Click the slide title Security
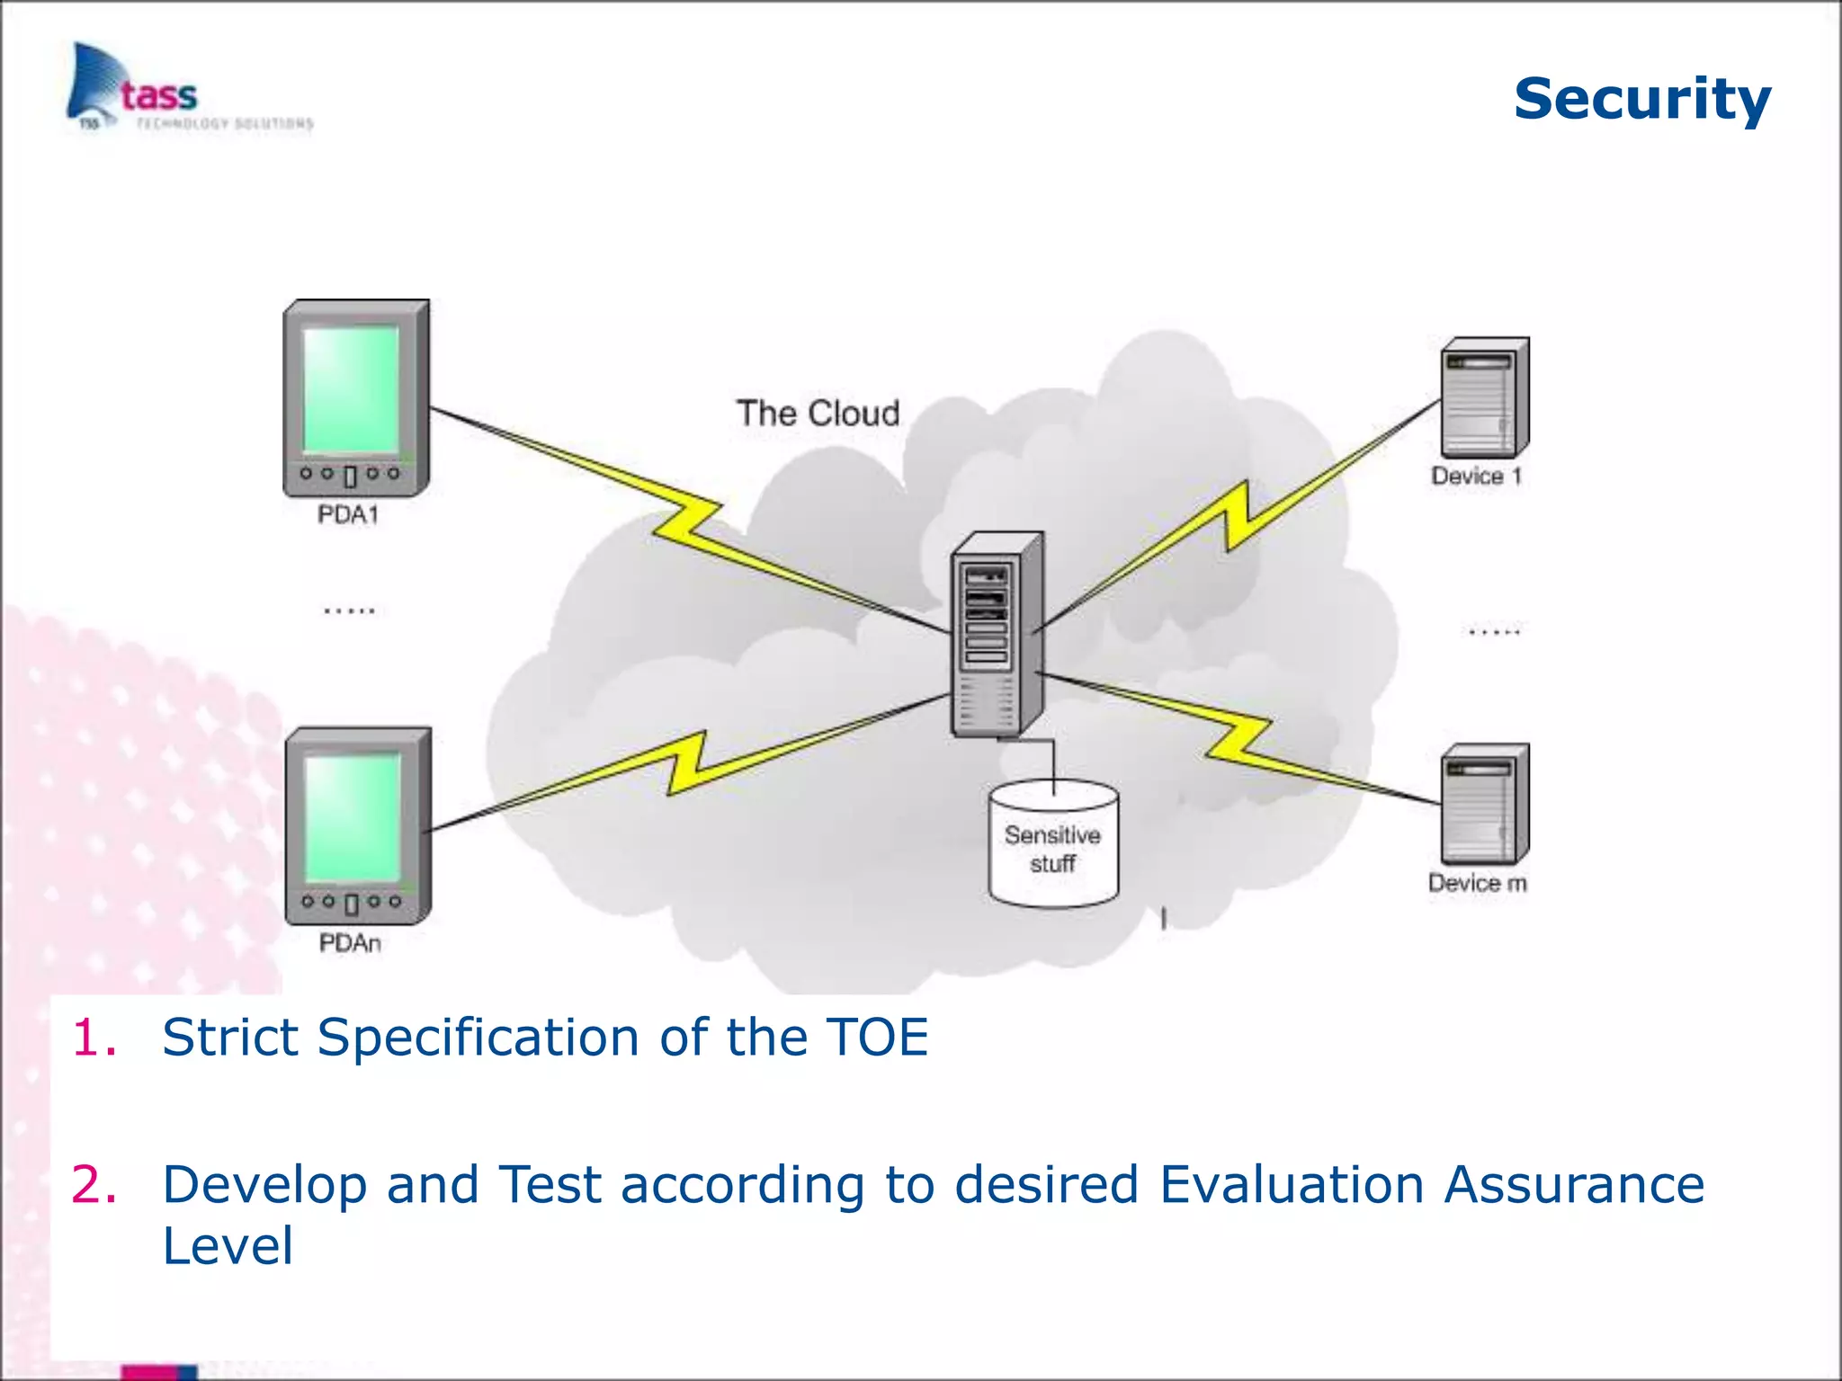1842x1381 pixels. [x=1641, y=99]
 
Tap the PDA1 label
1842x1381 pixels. [x=348, y=515]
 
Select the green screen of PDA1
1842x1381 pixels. [x=351, y=389]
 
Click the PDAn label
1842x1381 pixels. [x=350, y=943]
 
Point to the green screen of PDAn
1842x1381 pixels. [x=353, y=817]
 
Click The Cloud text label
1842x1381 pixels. [x=818, y=414]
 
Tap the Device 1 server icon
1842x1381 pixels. [x=1484, y=398]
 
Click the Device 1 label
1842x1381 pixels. [x=1476, y=476]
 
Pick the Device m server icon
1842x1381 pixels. [x=1484, y=805]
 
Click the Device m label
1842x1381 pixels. [x=1477, y=883]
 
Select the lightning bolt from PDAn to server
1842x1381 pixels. [x=688, y=764]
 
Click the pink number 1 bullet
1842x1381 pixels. [x=94, y=1038]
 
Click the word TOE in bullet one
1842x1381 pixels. [x=877, y=1038]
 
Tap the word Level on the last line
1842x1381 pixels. [x=228, y=1246]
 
